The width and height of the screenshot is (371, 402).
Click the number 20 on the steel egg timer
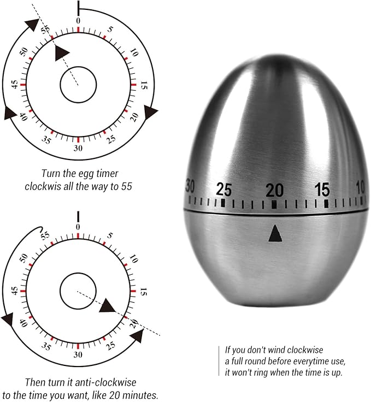[274, 190]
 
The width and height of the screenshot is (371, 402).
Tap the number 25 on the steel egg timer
[224, 190]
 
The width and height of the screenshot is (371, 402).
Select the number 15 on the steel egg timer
[322, 190]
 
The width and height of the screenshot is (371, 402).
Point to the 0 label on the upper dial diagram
[78, 21]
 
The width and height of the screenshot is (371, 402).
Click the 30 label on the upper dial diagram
[78, 148]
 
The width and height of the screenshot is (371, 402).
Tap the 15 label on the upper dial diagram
[144, 85]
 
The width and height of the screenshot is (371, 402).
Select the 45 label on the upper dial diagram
[15, 85]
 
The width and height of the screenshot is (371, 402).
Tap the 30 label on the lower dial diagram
[78, 354]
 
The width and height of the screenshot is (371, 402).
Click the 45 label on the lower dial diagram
[15, 291]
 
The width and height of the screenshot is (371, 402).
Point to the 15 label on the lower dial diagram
[143, 292]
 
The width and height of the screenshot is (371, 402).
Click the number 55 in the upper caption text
[127, 186]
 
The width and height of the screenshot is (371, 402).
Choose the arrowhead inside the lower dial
[107, 305]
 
